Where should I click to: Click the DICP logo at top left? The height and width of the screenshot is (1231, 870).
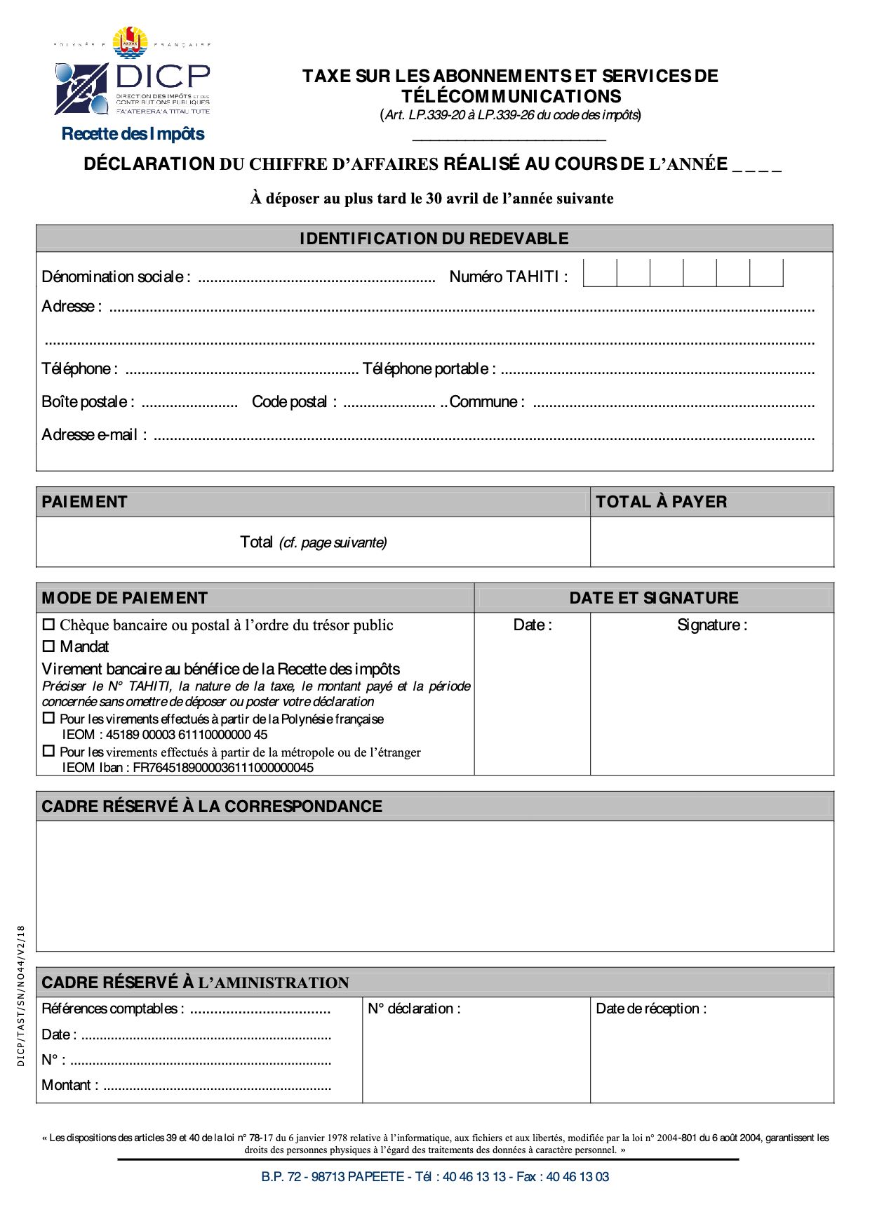[x=133, y=77]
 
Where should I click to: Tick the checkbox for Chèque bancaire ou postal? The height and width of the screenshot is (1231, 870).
[x=48, y=624]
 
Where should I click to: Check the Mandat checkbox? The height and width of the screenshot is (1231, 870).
[x=48, y=646]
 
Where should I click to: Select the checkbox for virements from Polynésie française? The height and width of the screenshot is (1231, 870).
[x=48, y=718]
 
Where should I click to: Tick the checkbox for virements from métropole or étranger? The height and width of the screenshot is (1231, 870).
[x=48, y=751]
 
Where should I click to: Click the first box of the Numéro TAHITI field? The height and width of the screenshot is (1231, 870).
[x=600, y=273]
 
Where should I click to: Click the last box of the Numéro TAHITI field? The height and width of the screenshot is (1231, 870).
[x=766, y=273]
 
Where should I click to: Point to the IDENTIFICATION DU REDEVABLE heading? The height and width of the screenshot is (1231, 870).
[x=434, y=239]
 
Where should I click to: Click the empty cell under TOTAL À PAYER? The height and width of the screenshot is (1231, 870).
[x=711, y=542]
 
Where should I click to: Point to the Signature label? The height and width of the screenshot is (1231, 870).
[x=711, y=625]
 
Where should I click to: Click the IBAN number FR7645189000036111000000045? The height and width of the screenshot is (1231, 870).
[x=223, y=768]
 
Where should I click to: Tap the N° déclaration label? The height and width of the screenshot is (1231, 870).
[x=414, y=1009]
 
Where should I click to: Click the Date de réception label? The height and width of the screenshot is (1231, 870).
[x=650, y=1009]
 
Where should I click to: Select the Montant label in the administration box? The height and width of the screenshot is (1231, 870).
[x=69, y=1085]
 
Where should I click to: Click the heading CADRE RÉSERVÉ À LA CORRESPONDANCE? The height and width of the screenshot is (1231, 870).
[x=212, y=806]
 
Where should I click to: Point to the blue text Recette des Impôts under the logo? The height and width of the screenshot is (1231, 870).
[x=133, y=134]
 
